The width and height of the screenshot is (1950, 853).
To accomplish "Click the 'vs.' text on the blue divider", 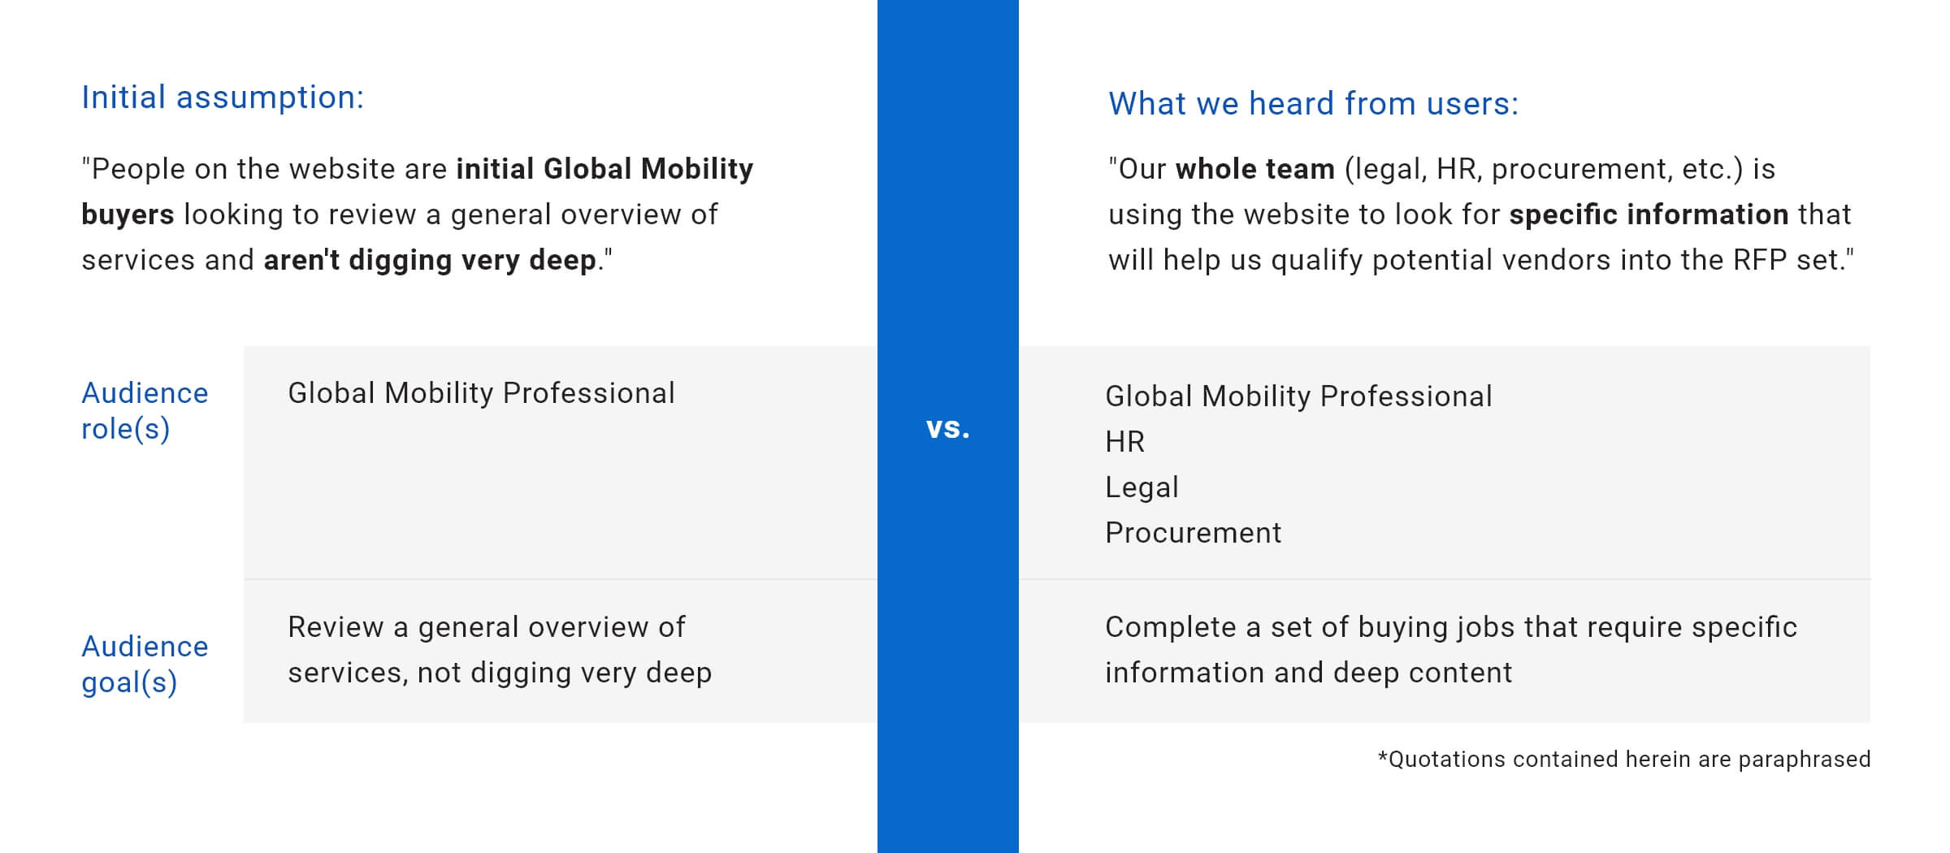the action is pyautogui.click(x=948, y=428).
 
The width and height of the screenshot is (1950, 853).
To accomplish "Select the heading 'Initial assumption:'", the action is pyautogui.click(x=223, y=97).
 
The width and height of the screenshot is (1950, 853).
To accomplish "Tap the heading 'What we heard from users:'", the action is pyautogui.click(x=1313, y=103).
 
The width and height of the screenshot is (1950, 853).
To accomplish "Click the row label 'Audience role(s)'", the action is pyautogui.click(x=145, y=410).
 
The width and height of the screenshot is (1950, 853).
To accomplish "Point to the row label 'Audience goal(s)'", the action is pyautogui.click(x=145, y=664).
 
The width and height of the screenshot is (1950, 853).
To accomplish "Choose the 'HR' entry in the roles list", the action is pyautogui.click(x=1124, y=441).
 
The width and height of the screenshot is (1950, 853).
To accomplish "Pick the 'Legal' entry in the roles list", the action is pyautogui.click(x=1142, y=487).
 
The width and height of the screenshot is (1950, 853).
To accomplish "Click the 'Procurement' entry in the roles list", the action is pyautogui.click(x=1193, y=532).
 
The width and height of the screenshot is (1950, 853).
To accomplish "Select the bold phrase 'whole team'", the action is pyautogui.click(x=1254, y=169).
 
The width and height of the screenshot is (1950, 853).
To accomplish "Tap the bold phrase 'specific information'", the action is pyautogui.click(x=1649, y=214).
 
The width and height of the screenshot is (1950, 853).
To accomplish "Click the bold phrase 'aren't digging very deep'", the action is pyautogui.click(x=430, y=260).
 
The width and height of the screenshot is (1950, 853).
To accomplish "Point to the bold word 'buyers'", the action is pyautogui.click(x=128, y=214).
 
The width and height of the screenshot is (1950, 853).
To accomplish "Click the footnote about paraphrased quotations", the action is pyautogui.click(x=1624, y=759).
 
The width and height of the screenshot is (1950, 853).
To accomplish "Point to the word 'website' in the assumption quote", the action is pyautogui.click(x=343, y=169).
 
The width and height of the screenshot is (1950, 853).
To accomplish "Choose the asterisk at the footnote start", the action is pyautogui.click(x=1383, y=756).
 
